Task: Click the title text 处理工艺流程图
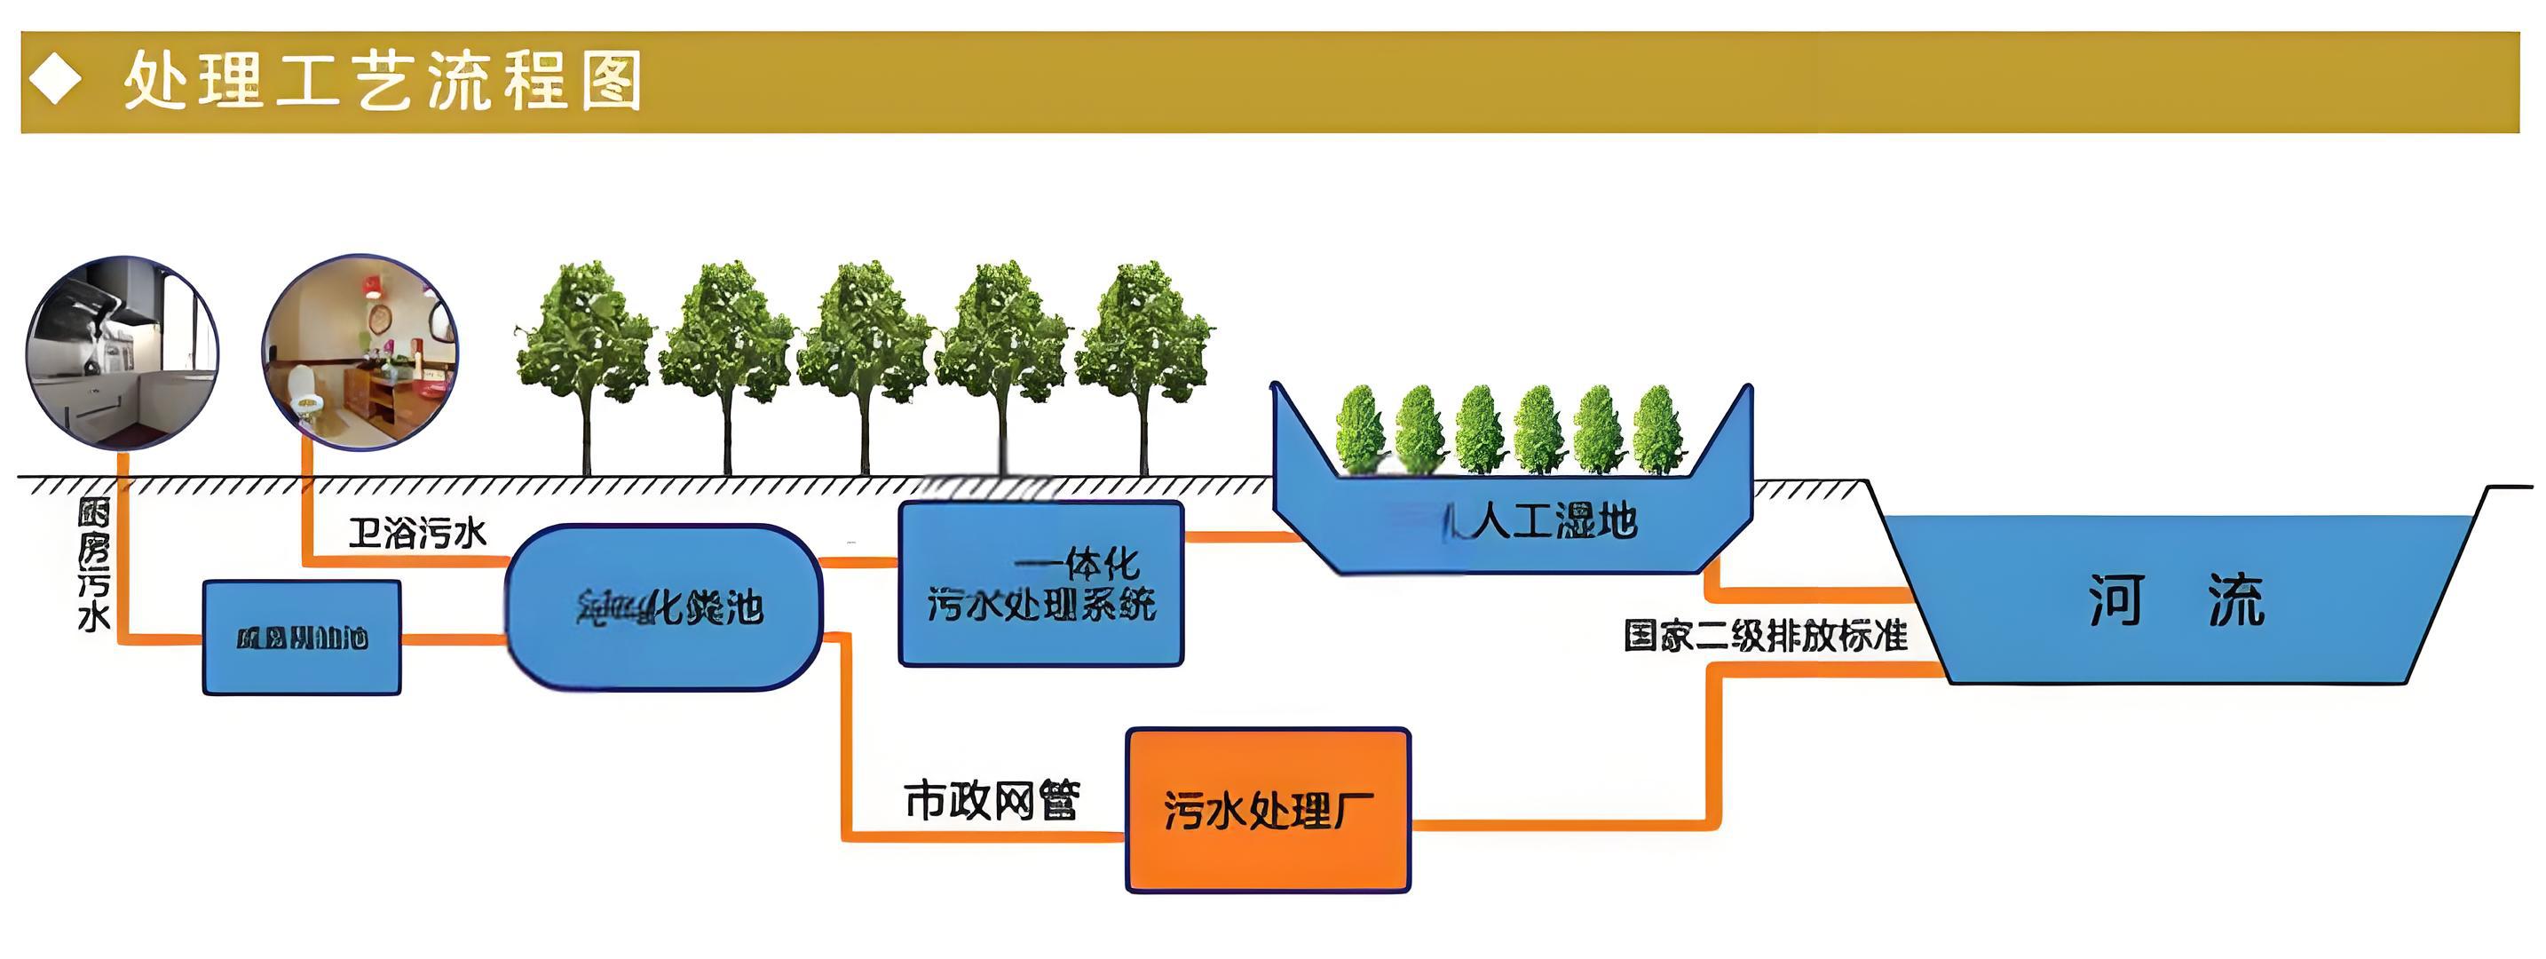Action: pyautogui.click(x=383, y=81)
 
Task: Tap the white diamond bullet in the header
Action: pyautogui.click(x=55, y=79)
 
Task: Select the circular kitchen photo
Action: pyautogui.click(x=123, y=353)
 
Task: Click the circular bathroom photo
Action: pyautogui.click(x=360, y=353)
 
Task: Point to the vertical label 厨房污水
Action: pyautogui.click(x=94, y=565)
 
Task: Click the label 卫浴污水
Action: pyautogui.click(x=417, y=534)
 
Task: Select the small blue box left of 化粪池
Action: pyautogui.click(x=302, y=638)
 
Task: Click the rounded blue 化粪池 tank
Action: pyautogui.click(x=663, y=607)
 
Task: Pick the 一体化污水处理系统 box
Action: pyautogui.click(x=1040, y=584)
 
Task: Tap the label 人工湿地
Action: pyautogui.click(x=1553, y=521)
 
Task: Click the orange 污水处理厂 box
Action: pyautogui.click(x=1268, y=811)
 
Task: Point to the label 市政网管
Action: pyautogui.click(x=992, y=800)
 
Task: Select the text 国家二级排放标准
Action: pyautogui.click(x=1765, y=636)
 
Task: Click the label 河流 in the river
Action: pyautogui.click(x=2175, y=600)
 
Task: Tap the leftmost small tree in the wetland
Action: pyautogui.click(x=1360, y=429)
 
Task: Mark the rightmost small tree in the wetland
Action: pyautogui.click(x=1657, y=429)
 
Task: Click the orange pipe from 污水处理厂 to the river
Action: pyautogui.click(x=1716, y=751)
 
